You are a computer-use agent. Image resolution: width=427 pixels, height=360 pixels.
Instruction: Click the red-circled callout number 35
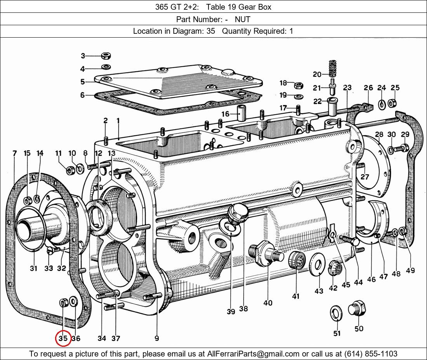(x=63, y=338)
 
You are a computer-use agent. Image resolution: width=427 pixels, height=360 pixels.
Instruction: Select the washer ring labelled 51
(x=336, y=313)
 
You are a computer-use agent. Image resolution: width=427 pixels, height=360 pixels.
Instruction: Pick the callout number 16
(x=226, y=114)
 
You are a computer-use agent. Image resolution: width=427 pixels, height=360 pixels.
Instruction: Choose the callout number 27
(x=365, y=177)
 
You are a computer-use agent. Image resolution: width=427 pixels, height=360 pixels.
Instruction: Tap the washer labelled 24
(x=382, y=104)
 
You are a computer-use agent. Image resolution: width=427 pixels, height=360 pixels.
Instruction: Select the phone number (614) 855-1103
(x=372, y=354)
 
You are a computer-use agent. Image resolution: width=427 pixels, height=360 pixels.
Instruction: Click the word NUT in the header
(x=242, y=19)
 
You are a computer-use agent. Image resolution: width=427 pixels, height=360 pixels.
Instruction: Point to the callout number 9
(x=156, y=338)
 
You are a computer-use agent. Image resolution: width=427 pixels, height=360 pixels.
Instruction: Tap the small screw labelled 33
(x=50, y=251)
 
